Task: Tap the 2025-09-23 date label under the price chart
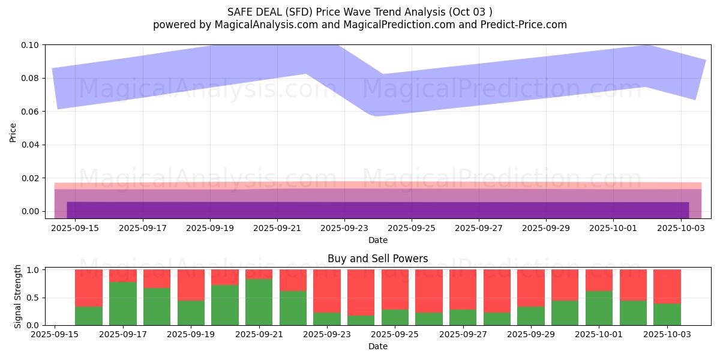click(344, 228)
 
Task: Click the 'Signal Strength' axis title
click(18, 296)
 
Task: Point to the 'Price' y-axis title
click(13, 133)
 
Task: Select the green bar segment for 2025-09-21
click(259, 302)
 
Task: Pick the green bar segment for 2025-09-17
click(123, 304)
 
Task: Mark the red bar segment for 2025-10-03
click(667, 286)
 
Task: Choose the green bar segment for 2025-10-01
click(599, 308)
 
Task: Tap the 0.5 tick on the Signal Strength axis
click(34, 298)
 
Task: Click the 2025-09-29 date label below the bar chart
click(531, 334)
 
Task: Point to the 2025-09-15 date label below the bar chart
click(55, 334)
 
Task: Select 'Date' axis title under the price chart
click(378, 240)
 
